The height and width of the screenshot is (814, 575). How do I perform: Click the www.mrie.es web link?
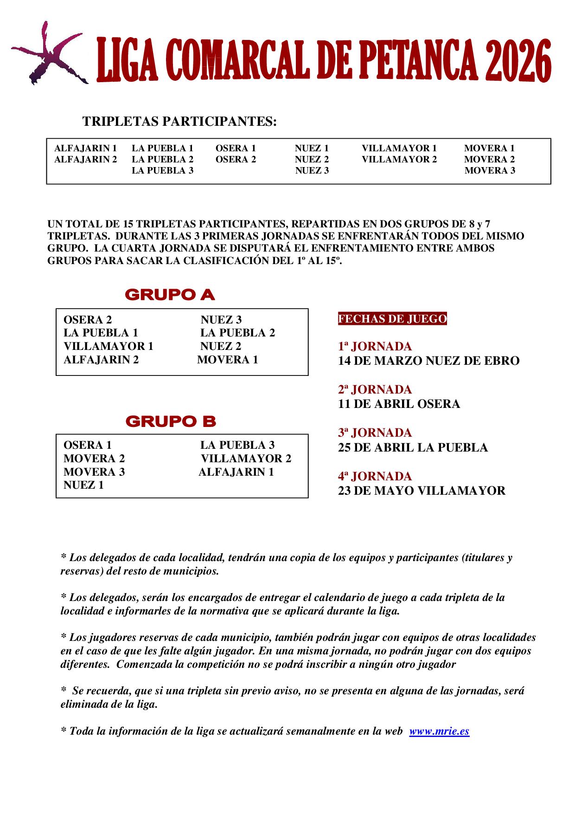(x=439, y=731)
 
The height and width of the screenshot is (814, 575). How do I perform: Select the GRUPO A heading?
(x=170, y=295)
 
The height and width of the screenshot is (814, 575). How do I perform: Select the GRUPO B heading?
(x=171, y=421)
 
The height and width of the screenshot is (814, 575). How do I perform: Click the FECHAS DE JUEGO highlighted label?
(x=392, y=319)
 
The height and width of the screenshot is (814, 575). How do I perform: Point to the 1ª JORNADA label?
(x=375, y=346)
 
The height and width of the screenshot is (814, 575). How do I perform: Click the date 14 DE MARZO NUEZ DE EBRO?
(x=428, y=361)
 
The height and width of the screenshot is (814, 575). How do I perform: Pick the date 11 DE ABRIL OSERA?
(x=399, y=404)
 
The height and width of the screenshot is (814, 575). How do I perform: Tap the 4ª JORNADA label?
(x=375, y=476)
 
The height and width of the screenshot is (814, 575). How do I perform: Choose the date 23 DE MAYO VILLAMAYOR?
(x=422, y=491)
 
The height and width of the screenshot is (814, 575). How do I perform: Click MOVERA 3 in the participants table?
(x=490, y=170)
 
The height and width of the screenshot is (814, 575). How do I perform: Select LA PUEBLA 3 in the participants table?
(x=162, y=170)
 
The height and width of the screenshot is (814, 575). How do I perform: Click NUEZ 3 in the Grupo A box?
(x=221, y=319)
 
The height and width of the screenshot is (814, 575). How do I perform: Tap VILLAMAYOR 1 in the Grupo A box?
(x=108, y=346)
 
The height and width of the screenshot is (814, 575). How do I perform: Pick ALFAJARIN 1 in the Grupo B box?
(x=236, y=472)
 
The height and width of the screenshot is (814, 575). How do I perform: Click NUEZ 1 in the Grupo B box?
(x=83, y=485)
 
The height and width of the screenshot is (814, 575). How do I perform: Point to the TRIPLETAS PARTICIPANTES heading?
(x=179, y=122)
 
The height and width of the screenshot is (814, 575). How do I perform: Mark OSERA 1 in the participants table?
(x=236, y=149)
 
